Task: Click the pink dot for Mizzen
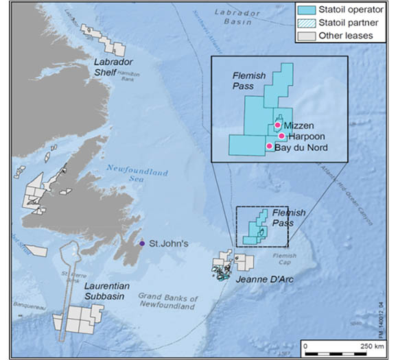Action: point(277,125)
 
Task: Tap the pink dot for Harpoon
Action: point(281,136)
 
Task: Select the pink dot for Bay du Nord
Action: point(269,146)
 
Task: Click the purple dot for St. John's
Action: point(142,243)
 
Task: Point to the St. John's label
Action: point(168,243)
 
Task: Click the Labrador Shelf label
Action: point(113,65)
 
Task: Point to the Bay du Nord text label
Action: point(301,147)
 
